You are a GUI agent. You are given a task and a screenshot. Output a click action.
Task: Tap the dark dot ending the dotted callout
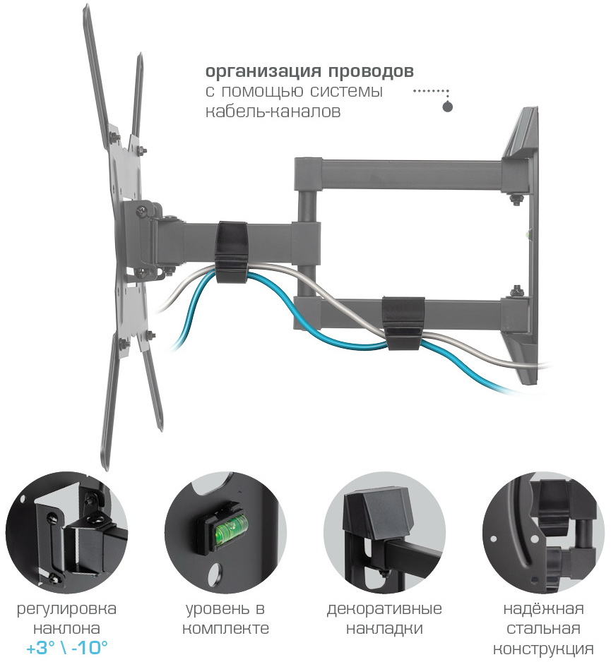pyautogui.click(x=447, y=107)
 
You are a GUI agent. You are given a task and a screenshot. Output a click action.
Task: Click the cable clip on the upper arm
pyautogui.click(x=231, y=251)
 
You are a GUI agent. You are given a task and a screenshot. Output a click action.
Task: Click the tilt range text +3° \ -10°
pyautogui.click(x=67, y=648)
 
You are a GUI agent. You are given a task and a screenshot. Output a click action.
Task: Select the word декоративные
pyautogui.click(x=384, y=609)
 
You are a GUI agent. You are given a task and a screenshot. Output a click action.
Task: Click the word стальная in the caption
pyautogui.click(x=543, y=629)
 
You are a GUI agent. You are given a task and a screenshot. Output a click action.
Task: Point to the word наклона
pyautogui.click(x=67, y=629)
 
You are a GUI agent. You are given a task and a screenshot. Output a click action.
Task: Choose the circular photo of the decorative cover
pyautogui.click(x=385, y=533)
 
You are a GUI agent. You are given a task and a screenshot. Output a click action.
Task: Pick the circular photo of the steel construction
pyautogui.click(x=543, y=533)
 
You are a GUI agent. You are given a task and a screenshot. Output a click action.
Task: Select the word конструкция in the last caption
pyautogui.click(x=543, y=649)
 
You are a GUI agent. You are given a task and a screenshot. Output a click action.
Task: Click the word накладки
pyautogui.click(x=384, y=629)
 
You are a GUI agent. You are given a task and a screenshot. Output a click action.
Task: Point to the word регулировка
pyautogui.click(x=67, y=609)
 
